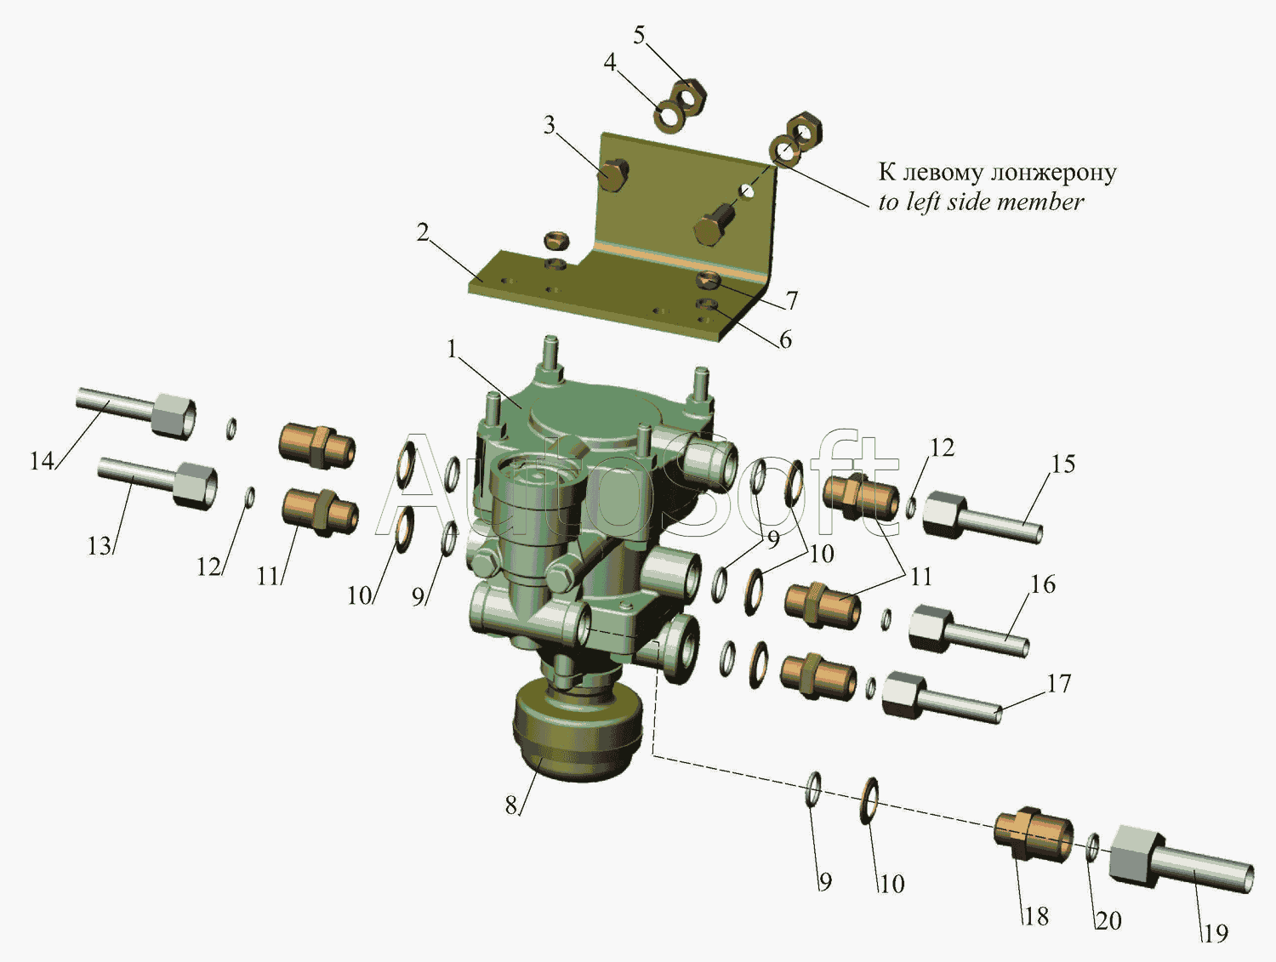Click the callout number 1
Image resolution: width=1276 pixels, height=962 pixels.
coord(453,350)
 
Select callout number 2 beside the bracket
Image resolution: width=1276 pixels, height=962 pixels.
coord(423,233)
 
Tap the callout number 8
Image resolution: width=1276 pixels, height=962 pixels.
coord(511,805)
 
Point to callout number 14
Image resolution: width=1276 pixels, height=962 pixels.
coord(42,462)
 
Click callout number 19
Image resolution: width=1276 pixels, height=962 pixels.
coord(1215,934)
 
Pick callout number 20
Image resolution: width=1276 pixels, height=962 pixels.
coord(1108,920)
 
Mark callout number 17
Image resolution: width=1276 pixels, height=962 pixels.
coord(1058,684)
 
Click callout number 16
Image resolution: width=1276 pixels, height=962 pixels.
coord(1043,584)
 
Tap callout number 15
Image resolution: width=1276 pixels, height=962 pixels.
coord(1062,464)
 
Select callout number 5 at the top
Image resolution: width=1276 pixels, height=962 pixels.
coord(639,36)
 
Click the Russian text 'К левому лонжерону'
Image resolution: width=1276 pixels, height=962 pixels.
coord(997,172)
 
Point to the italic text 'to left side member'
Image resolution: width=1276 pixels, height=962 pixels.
coord(981,202)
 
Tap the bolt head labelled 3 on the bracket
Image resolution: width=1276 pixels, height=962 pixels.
coord(613,174)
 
